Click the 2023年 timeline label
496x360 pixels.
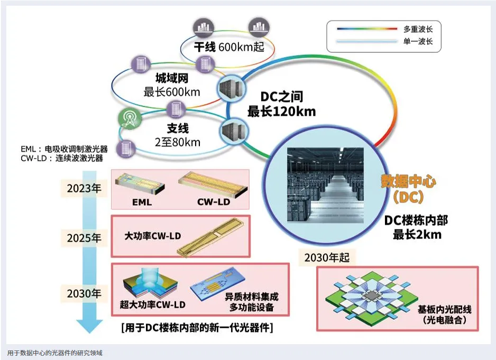[x=84, y=188]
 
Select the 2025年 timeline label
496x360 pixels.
[x=84, y=238]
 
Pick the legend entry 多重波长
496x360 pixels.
[x=418, y=29]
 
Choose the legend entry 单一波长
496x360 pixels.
[x=418, y=41]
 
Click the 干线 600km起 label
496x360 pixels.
[x=228, y=47]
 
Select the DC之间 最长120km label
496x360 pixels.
[x=281, y=104]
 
